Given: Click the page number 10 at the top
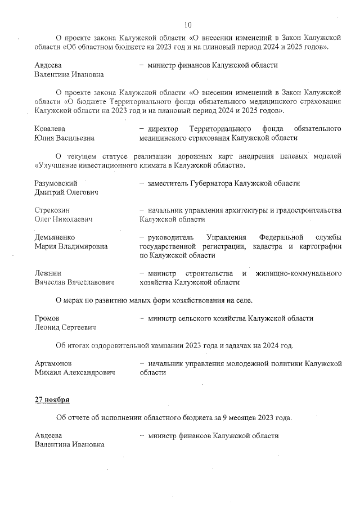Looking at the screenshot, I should (x=188, y=24).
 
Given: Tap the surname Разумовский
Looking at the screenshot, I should (x=56, y=183).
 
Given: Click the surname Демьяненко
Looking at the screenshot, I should (x=55, y=237).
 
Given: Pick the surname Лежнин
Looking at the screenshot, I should (x=48, y=273).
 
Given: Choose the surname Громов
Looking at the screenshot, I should (x=47, y=318).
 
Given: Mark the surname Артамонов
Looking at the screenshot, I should (x=53, y=363).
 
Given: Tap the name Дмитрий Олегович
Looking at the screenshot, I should (x=66, y=192).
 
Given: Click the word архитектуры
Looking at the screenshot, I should (x=232, y=210).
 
